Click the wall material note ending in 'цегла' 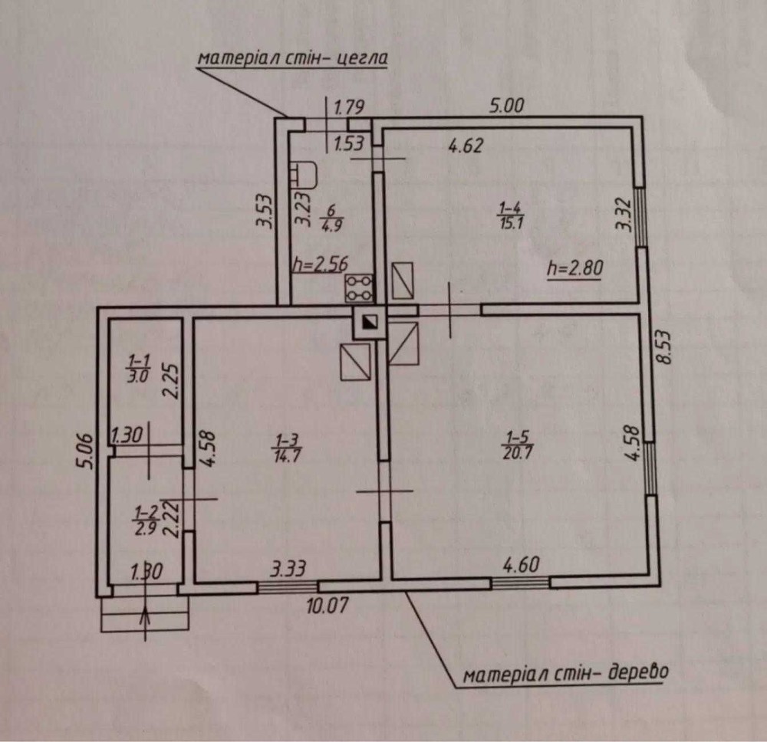(292, 58)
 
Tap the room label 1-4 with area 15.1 (511, 216)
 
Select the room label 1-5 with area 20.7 (517, 445)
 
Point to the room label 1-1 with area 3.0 (138, 369)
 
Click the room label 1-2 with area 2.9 (146, 521)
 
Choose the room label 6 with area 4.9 (331, 218)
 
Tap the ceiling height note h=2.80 (574, 268)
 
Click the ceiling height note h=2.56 (321, 264)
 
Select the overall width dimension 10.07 (328, 605)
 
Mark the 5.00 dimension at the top (507, 106)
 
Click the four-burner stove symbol (359, 288)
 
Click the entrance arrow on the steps (145, 620)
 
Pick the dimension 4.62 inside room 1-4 (466, 145)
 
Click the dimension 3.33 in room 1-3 (288, 569)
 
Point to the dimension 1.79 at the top (349, 107)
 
